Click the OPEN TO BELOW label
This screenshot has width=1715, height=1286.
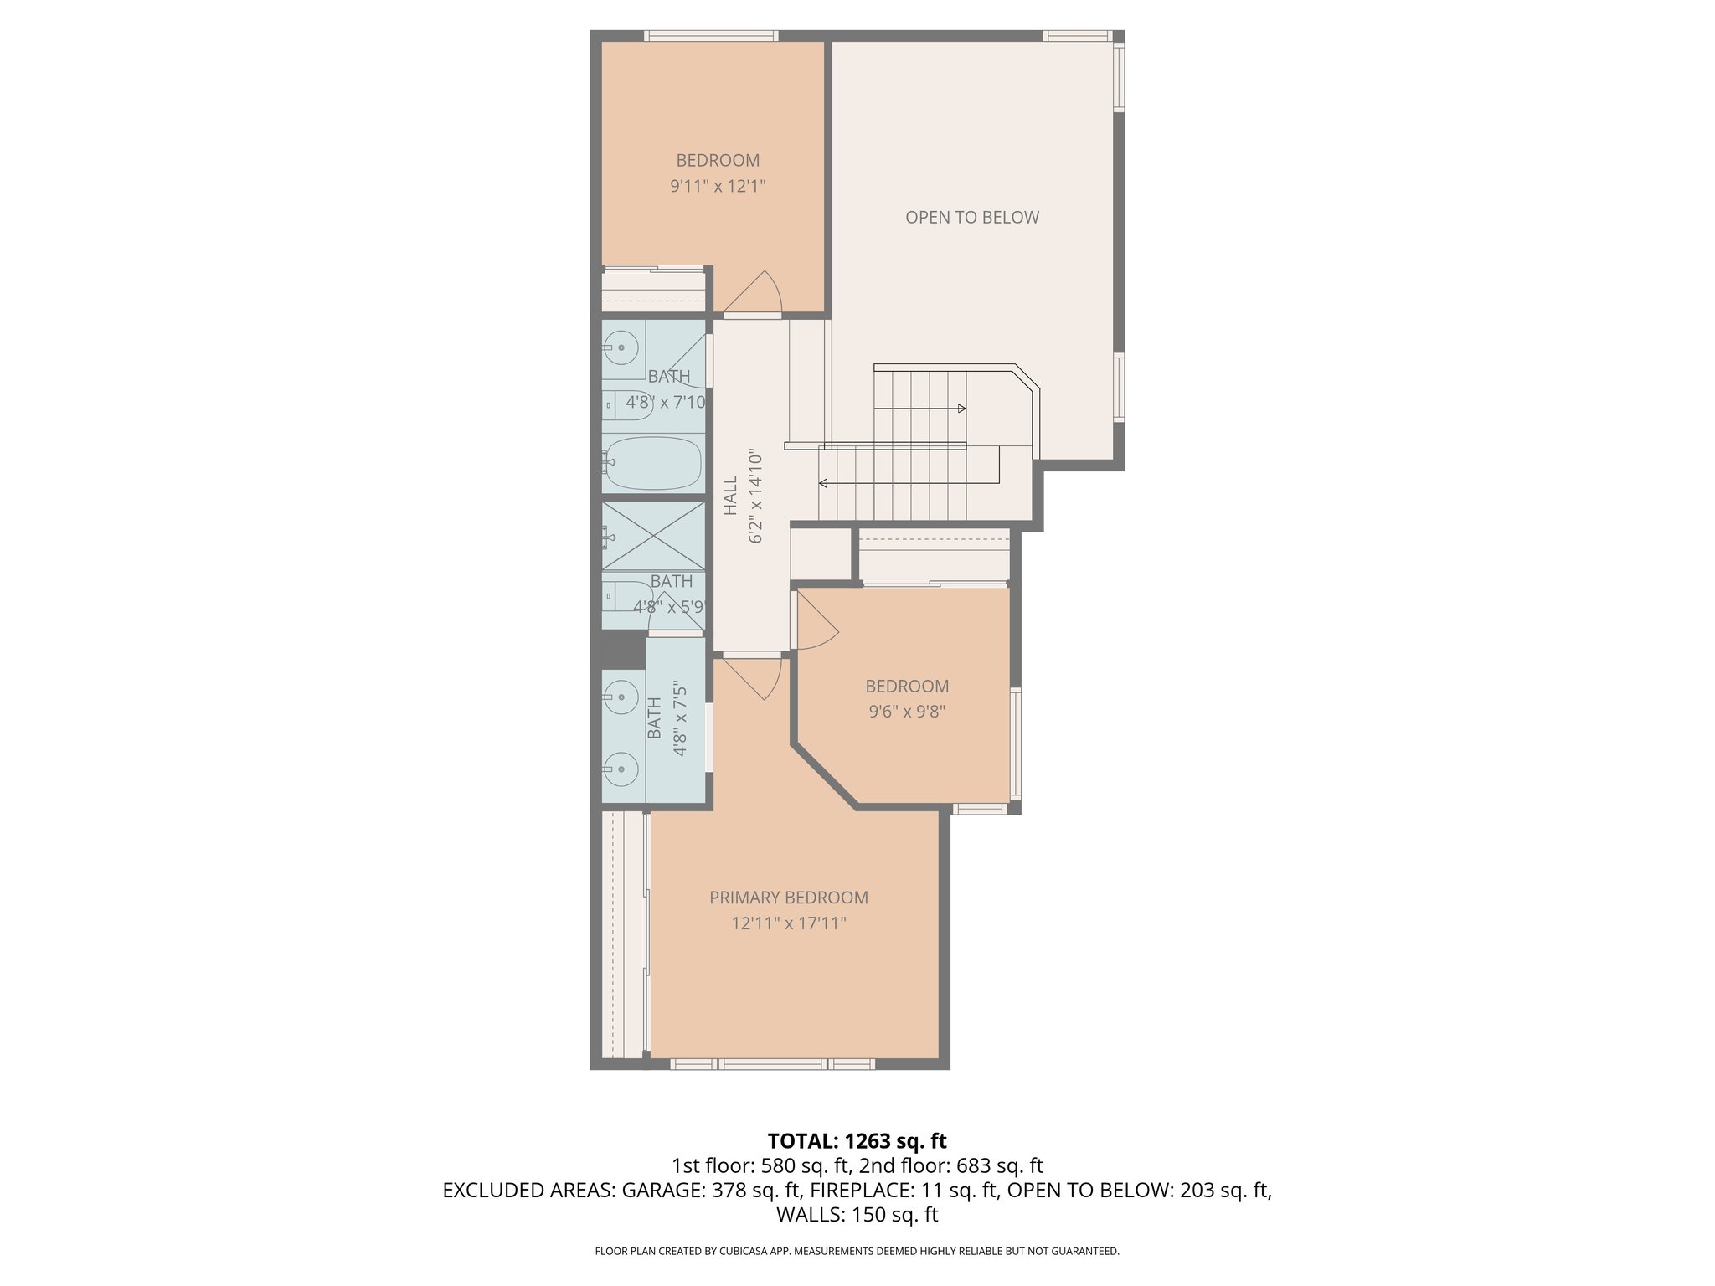[x=971, y=218]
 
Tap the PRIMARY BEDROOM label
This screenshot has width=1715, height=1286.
[x=788, y=898]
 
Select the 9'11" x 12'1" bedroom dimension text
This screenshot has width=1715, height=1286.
[x=718, y=186]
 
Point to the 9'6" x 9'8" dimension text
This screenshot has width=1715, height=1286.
[x=907, y=712]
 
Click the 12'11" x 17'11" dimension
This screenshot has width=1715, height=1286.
[x=788, y=923]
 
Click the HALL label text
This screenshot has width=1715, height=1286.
[x=730, y=496]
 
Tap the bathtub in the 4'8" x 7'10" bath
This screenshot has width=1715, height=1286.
[x=653, y=462]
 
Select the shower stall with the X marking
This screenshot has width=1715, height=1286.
[x=653, y=536]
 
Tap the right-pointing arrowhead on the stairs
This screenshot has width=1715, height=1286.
[x=962, y=409]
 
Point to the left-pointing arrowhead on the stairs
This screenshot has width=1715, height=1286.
[x=823, y=483]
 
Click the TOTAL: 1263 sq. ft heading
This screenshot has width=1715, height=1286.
[x=857, y=1141]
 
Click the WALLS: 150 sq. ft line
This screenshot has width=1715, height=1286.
[x=857, y=1215]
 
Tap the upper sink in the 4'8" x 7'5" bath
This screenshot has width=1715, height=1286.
[x=621, y=697]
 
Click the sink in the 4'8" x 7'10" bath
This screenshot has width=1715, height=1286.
[x=621, y=347]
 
